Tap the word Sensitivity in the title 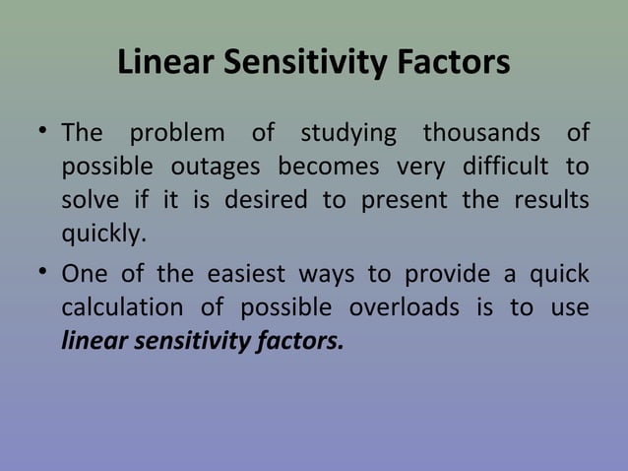pyautogui.click(x=311, y=64)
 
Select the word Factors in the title pyautogui.click(x=456, y=64)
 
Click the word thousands pyautogui.click(x=481, y=132)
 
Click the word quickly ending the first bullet pyautogui.click(x=102, y=235)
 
